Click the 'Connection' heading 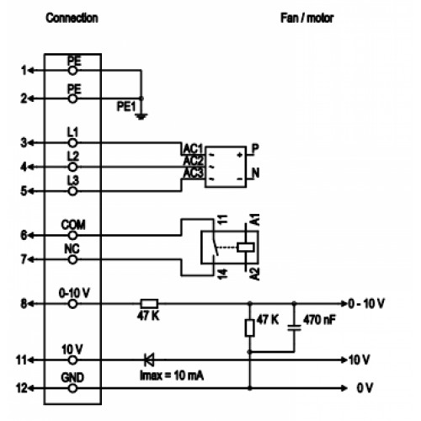(72, 18)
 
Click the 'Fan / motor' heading (307, 18)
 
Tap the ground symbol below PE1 (141, 116)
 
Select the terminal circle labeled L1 (72, 143)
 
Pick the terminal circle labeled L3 (72, 191)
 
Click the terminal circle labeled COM (72, 235)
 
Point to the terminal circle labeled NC (72, 259)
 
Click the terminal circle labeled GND (72, 388)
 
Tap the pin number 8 (24, 304)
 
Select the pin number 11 (21, 360)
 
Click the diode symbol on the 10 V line (149, 360)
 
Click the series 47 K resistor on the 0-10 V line (149, 304)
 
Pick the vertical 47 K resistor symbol (250, 328)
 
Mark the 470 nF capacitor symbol (294, 328)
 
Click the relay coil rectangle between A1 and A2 (246, 248)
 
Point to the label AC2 (193, 161)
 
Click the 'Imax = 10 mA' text (172, 376)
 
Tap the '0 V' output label (365, 388)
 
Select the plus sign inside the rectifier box (240, 155)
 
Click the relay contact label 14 (222, 274)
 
